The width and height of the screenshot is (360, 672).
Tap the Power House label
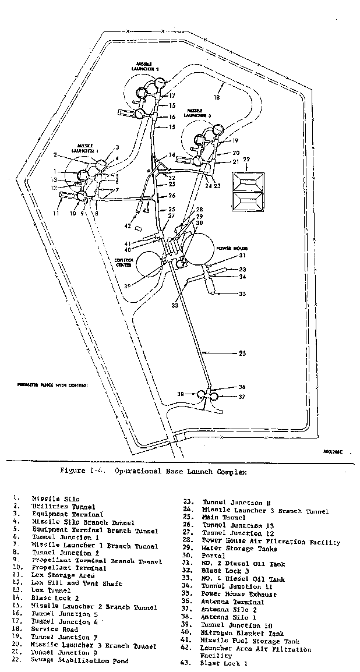coord(232,247)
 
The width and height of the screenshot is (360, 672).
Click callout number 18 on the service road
coord(217,98)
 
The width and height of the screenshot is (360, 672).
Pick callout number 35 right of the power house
coord(242,294)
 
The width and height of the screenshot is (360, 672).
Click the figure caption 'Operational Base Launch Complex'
coord(153,472)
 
